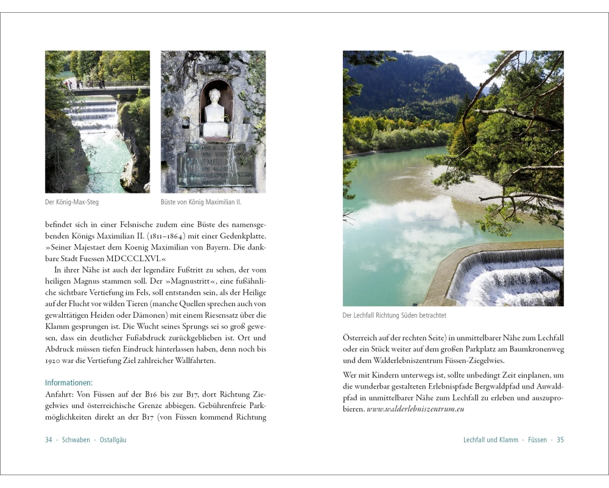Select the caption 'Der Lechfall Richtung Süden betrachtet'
point(395,315)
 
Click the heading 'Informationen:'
point(69,382)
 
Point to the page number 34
point(49,440)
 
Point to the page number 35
point(560,440)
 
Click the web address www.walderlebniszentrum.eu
point(415,409)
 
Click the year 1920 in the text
point(54,361)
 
